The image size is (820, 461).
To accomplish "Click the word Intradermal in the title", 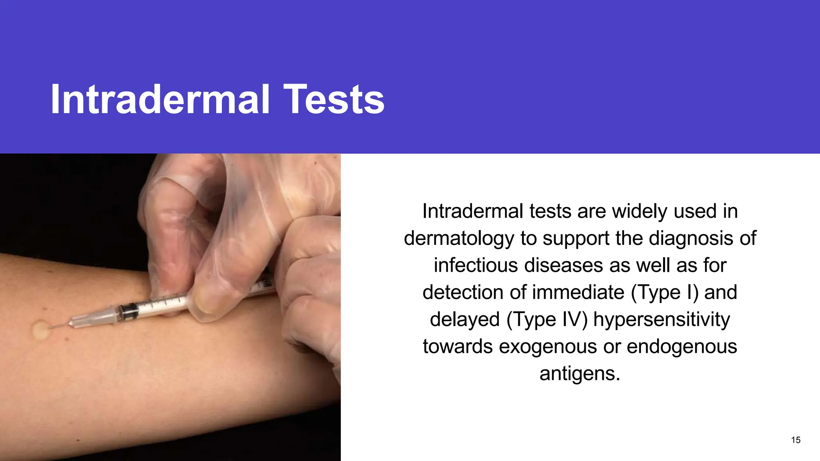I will click(x=160, y=99).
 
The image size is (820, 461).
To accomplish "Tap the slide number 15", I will click(x=796, y=440).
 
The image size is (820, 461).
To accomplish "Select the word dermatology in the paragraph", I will click(x=459, y=239).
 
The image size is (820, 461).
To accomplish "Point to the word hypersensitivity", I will click(x=661, y=320).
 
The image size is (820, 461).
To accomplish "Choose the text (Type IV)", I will click(x=547, y=320).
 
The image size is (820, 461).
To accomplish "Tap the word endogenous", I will click(x=681, y=347).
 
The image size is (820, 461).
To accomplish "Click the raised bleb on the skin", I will click(x=40, y=331).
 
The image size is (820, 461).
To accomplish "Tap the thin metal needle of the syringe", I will click(x=60, y=325).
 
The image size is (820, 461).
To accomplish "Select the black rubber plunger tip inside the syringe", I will click(x=128, y=312).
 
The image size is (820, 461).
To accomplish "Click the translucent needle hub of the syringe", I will click(x=96, y=318).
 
